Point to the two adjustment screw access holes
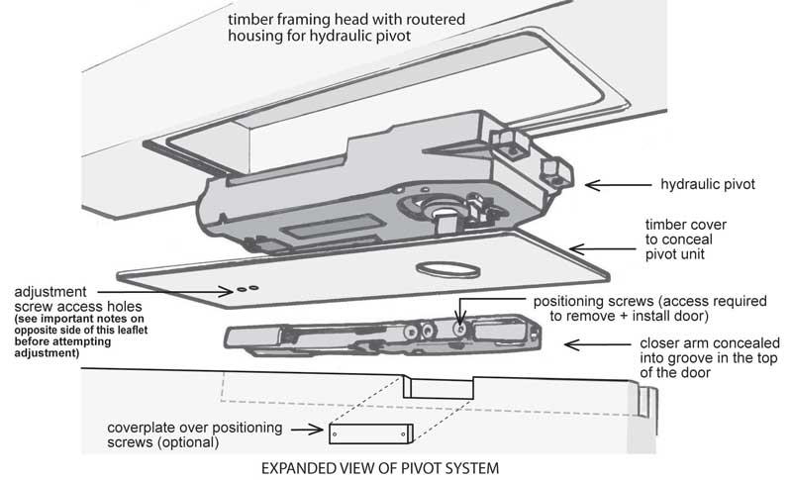247,289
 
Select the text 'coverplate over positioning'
194,428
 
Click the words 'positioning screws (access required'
633,300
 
